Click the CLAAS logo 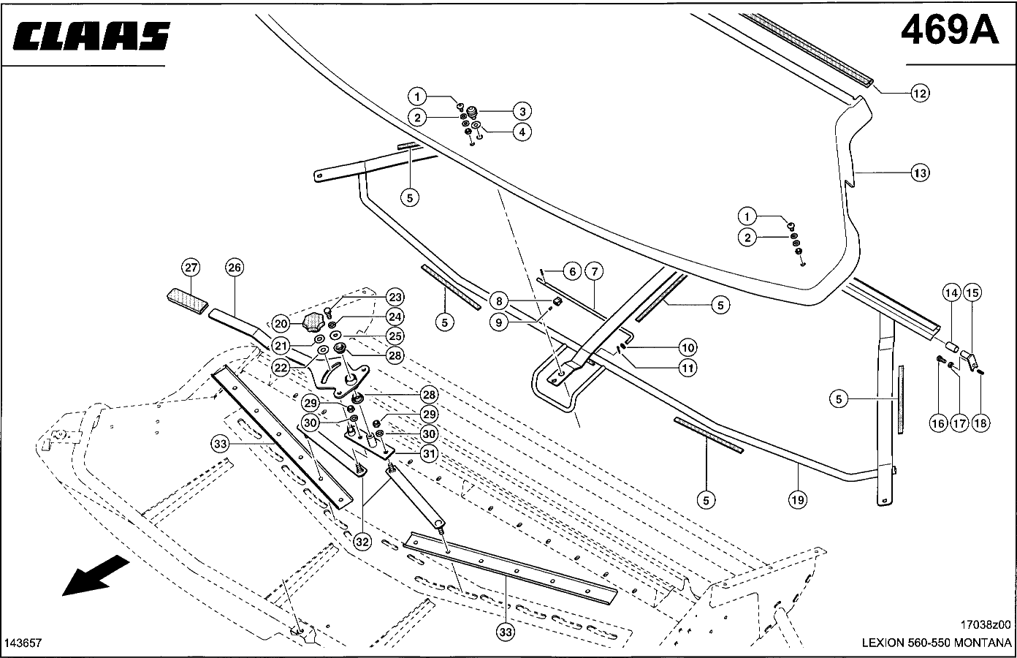click(x=91, y=36)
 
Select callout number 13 click(x=920, y=173)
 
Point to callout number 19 click(x=797, y=500)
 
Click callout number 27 click(x=191, y=267)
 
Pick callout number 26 click(x=234, y=267)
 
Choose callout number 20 click(x=281, y=322)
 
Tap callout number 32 click(x=362, y=542)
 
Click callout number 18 click(x=980, y=423)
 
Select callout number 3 click(x=522, y=111)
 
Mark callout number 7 click(x=594, y=272)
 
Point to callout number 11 click(x=687, y=368)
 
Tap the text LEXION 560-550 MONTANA click(x=937, y=643)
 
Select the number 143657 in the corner click(x=23, y=643)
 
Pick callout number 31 click(x=429, y=453)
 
